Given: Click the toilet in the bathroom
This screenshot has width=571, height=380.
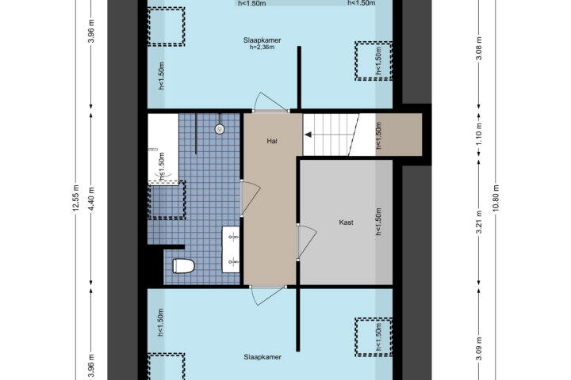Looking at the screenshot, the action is (183, 266).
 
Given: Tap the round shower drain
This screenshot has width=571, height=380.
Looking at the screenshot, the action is (219, 129).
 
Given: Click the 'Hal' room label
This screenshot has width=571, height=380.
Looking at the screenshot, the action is (272, 141).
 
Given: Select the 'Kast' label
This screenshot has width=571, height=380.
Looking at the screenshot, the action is (346, 222).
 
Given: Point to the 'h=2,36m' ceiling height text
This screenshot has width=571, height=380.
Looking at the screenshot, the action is (262, 47).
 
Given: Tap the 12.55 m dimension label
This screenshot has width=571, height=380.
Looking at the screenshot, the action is (75, 198).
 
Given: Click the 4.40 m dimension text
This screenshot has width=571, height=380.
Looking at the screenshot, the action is (91, 199).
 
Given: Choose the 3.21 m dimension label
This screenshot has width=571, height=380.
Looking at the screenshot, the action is (479, 222).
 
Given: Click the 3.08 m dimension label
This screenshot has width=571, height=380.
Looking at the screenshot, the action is (479, 48).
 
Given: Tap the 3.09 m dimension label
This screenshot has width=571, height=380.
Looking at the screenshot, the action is (479, 348).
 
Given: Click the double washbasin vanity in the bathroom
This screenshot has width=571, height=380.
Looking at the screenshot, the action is (231, 249).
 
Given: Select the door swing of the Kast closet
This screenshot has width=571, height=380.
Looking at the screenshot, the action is (307, 241).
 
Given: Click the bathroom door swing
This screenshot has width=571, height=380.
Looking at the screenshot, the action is (251, 198).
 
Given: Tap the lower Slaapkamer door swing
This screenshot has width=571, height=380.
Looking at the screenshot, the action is (268, 295).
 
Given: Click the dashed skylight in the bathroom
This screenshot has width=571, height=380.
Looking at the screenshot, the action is (167, 200).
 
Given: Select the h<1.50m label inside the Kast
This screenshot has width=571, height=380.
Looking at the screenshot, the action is (379, 222).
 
